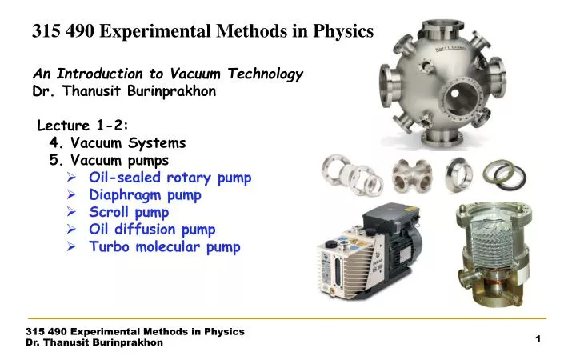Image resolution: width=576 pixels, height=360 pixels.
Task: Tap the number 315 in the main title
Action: click(46, 32)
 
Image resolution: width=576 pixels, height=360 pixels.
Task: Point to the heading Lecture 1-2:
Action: click(83, 125)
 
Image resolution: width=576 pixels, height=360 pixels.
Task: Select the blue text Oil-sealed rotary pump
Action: click(170, 178)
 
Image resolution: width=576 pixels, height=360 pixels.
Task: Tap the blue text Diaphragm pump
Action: click(145, 194)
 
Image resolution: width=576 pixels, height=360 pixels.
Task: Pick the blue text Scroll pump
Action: click(129, 212)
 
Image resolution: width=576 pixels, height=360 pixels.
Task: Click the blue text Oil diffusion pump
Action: click(152, 230)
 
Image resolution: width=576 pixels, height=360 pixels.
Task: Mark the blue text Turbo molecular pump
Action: click(164, 247)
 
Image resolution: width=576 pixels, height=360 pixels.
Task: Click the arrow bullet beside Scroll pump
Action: click(72, 213)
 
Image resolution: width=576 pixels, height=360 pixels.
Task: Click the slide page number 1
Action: click(538, 340)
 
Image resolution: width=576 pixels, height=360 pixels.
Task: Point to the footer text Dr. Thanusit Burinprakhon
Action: click(94, 342)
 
